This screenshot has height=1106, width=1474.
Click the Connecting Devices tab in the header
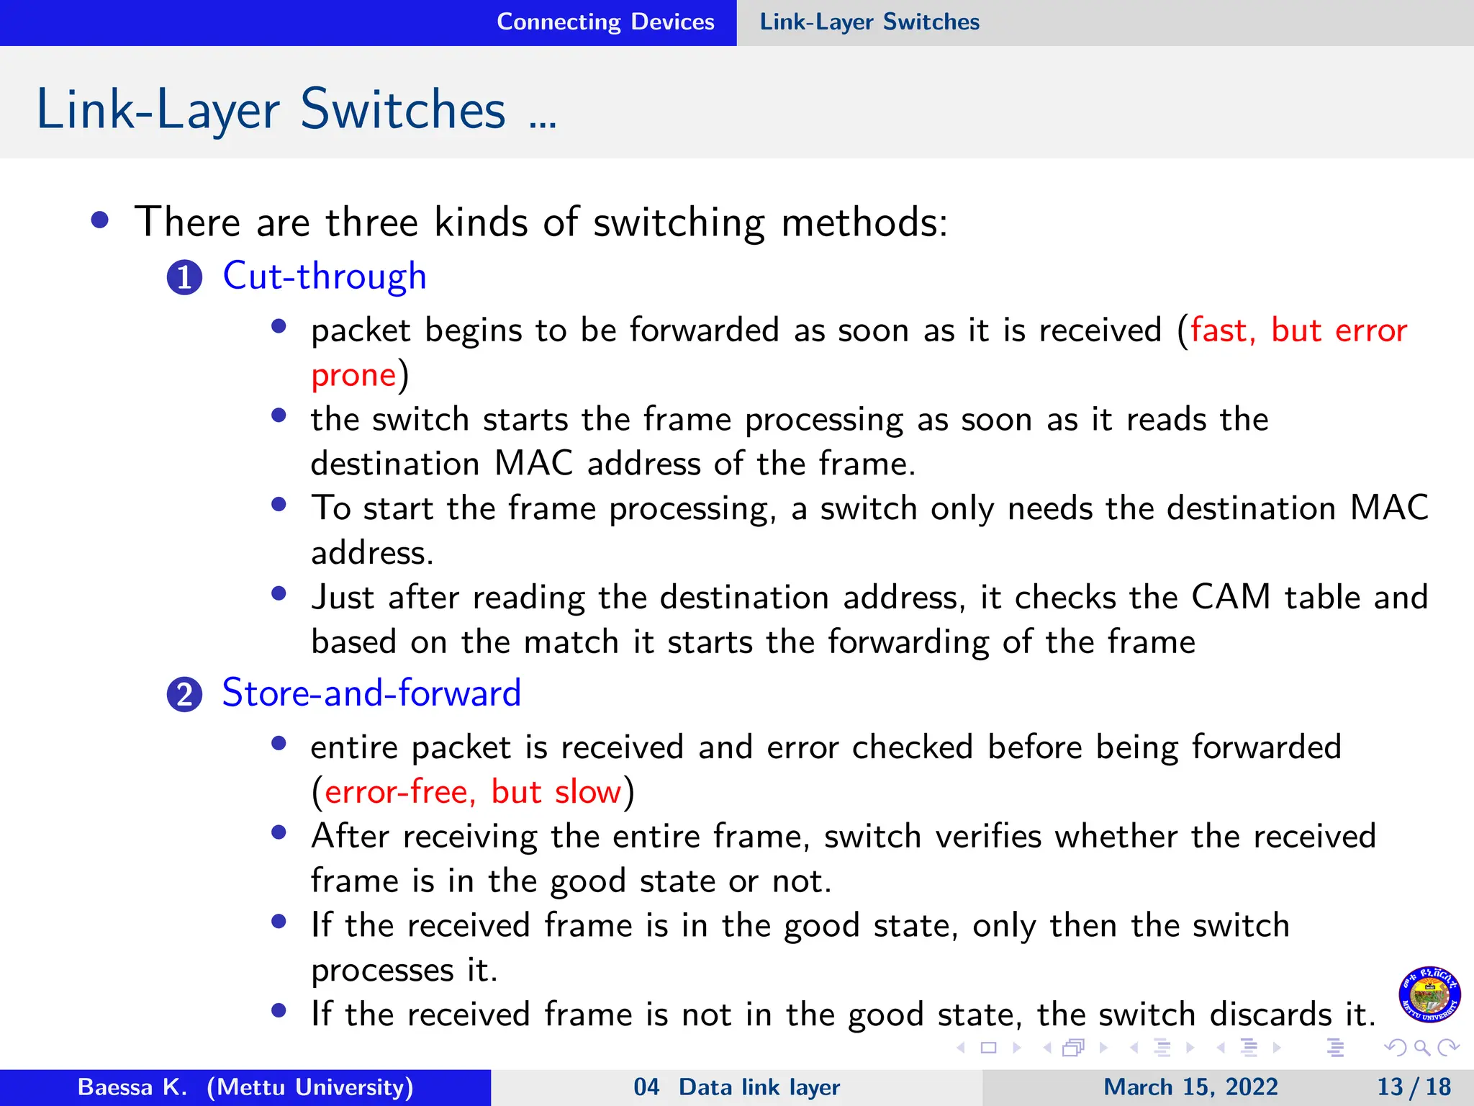click(x=605, y=22)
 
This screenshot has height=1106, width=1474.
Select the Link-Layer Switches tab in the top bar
click(x=869, y=22)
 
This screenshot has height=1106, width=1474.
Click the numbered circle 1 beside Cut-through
click(x=184, y=278)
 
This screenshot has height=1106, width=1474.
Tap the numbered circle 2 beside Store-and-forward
click(x=184, y=695)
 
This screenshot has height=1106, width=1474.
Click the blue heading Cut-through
click(x=325, y=276)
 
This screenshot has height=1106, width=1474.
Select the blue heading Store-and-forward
click(x=371, y=693)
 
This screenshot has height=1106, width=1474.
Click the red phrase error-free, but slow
click(x=473, y=792)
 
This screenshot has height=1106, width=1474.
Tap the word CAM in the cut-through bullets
click(x=1231, y=598)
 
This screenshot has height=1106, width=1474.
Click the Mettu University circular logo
click(x=1429, y=994)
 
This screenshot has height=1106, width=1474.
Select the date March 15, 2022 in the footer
click(x=1190, y=1087)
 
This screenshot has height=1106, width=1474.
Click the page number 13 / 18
click(x=1414, y=1087)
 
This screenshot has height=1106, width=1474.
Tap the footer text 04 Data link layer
click(x=736, y=1087)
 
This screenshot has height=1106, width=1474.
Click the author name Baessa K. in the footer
click(x=132, y=1087)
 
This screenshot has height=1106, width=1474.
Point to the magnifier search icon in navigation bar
click(x=1421, y=1048)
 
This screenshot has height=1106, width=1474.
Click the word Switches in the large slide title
click(x=403, y=110)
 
